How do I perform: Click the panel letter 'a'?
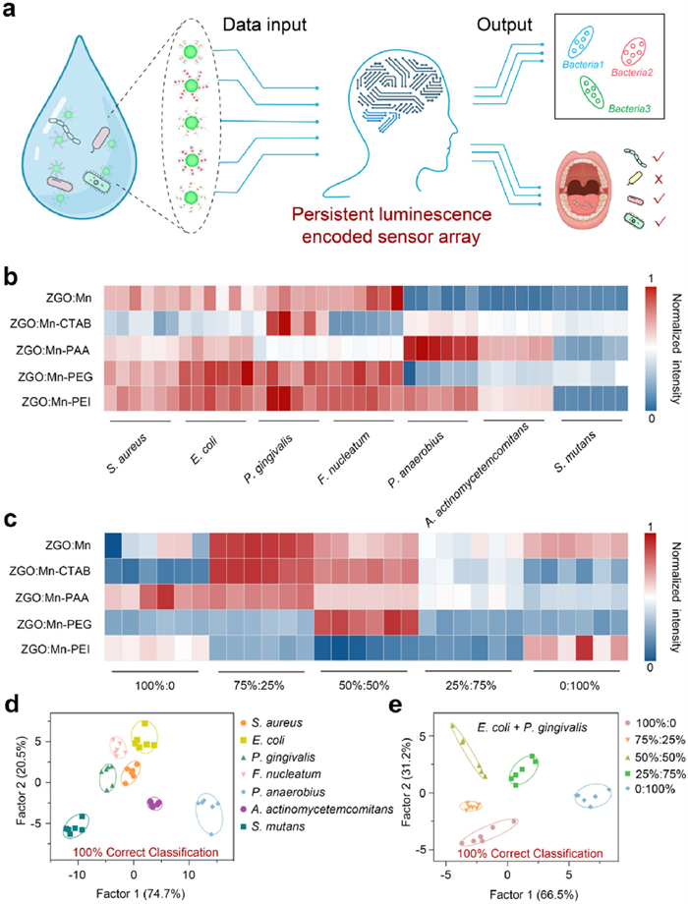point(14,14)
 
